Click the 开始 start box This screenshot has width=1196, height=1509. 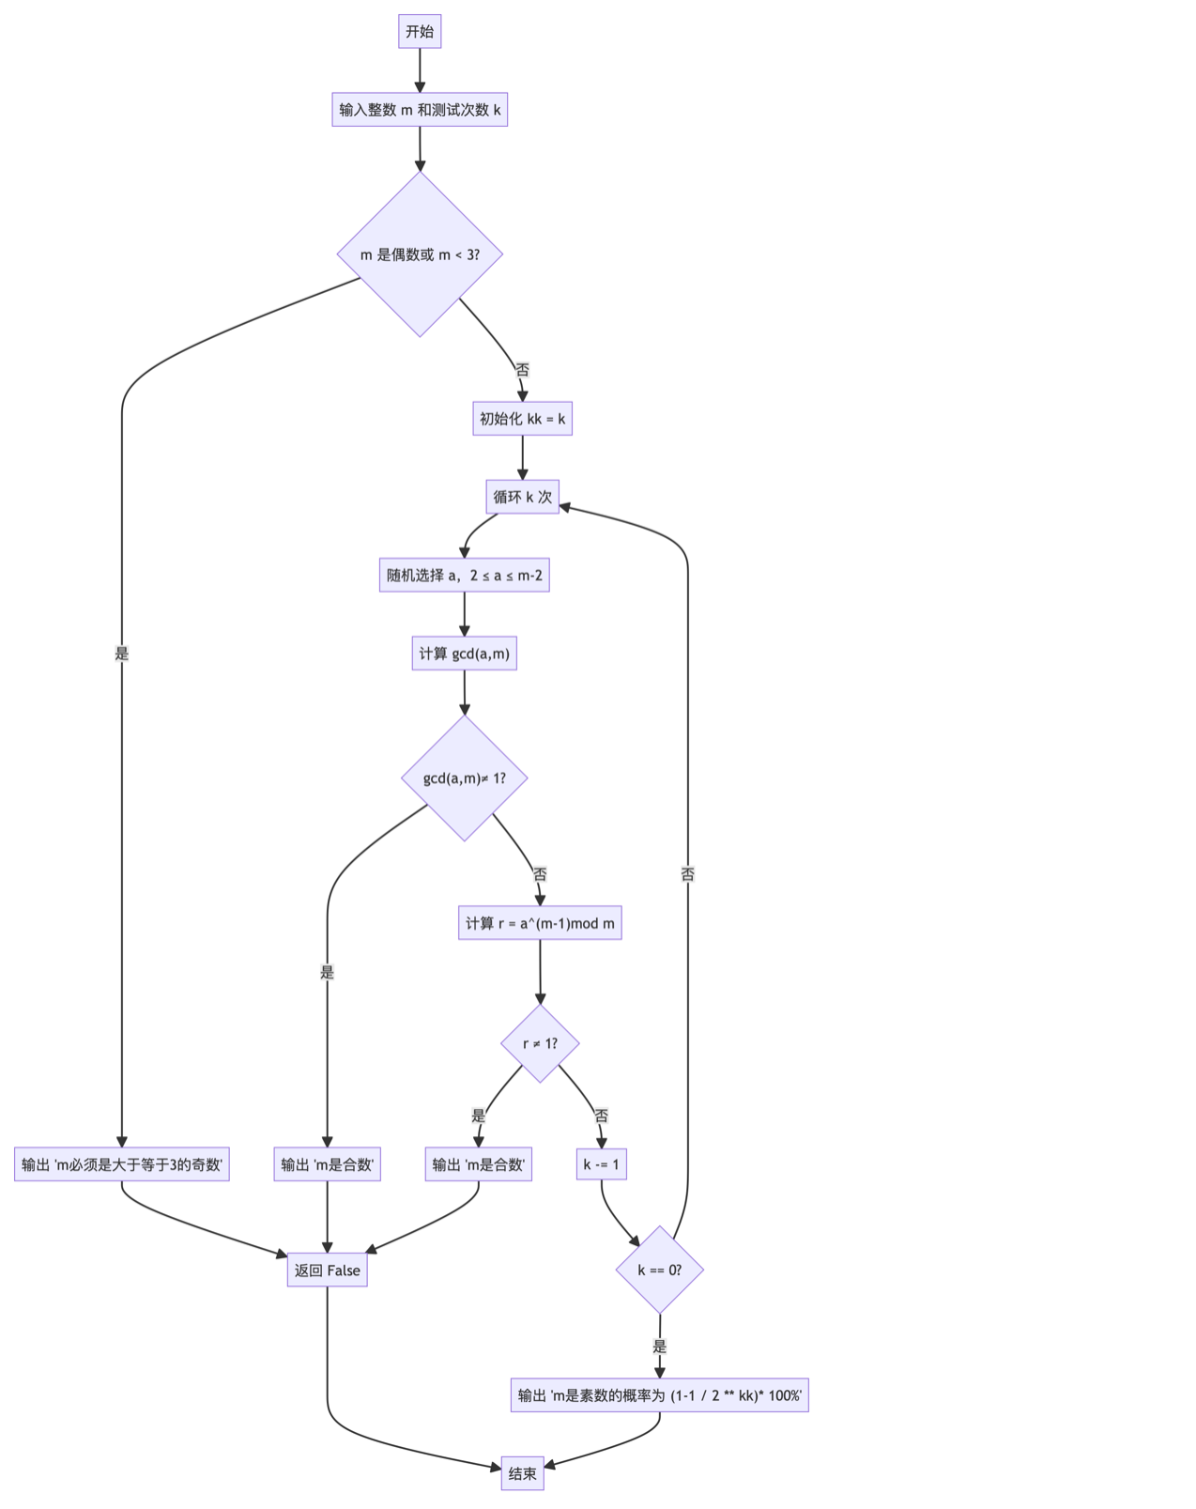coord(420,32)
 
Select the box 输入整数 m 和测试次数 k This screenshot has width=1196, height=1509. coord(420,110)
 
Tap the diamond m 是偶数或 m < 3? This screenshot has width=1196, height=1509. coord(420,254)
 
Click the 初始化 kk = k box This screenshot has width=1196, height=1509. coord(522,419)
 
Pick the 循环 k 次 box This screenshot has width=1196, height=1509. coord(522,497)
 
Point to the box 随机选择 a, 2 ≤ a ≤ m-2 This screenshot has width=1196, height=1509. coord(464,576)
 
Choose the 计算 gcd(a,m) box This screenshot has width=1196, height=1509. coord(464,654)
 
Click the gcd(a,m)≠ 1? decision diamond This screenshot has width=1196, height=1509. coord(464,778)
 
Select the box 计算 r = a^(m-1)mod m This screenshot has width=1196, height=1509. coord(540,923)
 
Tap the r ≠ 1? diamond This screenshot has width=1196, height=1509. coord(540,1043)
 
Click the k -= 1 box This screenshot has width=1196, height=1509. coord(601,1164)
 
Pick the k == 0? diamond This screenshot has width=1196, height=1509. coord(660,1270)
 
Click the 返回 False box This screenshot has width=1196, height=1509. coord(327,1270)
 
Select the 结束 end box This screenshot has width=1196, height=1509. coord(522,1473)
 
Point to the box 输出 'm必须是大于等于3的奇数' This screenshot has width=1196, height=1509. coord(122,1164)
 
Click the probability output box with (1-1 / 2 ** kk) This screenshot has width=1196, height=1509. coord(659,1395)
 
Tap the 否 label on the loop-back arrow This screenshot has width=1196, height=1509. coord(688,874)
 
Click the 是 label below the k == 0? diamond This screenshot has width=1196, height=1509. coord(660,1347)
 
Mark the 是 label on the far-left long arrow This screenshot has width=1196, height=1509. coord(122,654)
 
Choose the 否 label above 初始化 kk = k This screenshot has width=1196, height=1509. coord(523,370)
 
